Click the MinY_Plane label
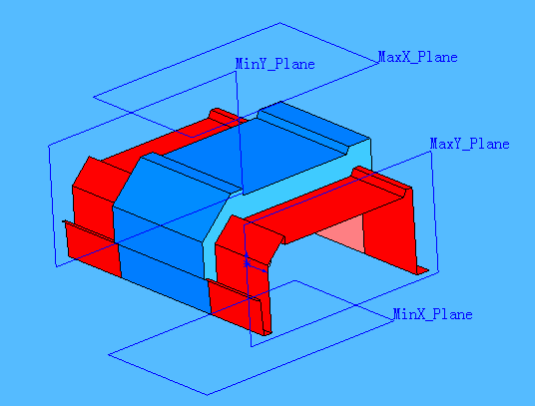click(274, 64)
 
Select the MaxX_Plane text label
click(417, 57)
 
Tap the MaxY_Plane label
click(469, 144)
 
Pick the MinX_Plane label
click(432, 314)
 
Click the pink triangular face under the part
click(339, 235)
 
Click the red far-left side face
click(90, 204)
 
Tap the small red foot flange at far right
click(422, 268)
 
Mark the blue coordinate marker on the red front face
click(246, 261)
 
